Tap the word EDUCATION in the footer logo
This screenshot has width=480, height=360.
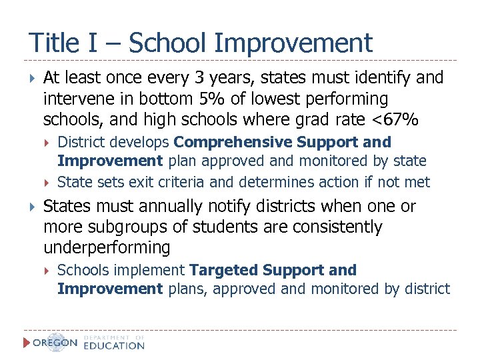point(114,346)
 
